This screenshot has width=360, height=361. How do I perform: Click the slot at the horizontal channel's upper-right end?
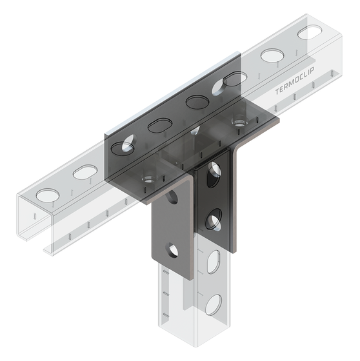310,31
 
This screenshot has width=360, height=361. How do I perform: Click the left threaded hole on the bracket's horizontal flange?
148,177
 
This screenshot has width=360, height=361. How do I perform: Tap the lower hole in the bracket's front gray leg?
172,248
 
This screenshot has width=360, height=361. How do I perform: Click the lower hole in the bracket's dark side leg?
212,223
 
